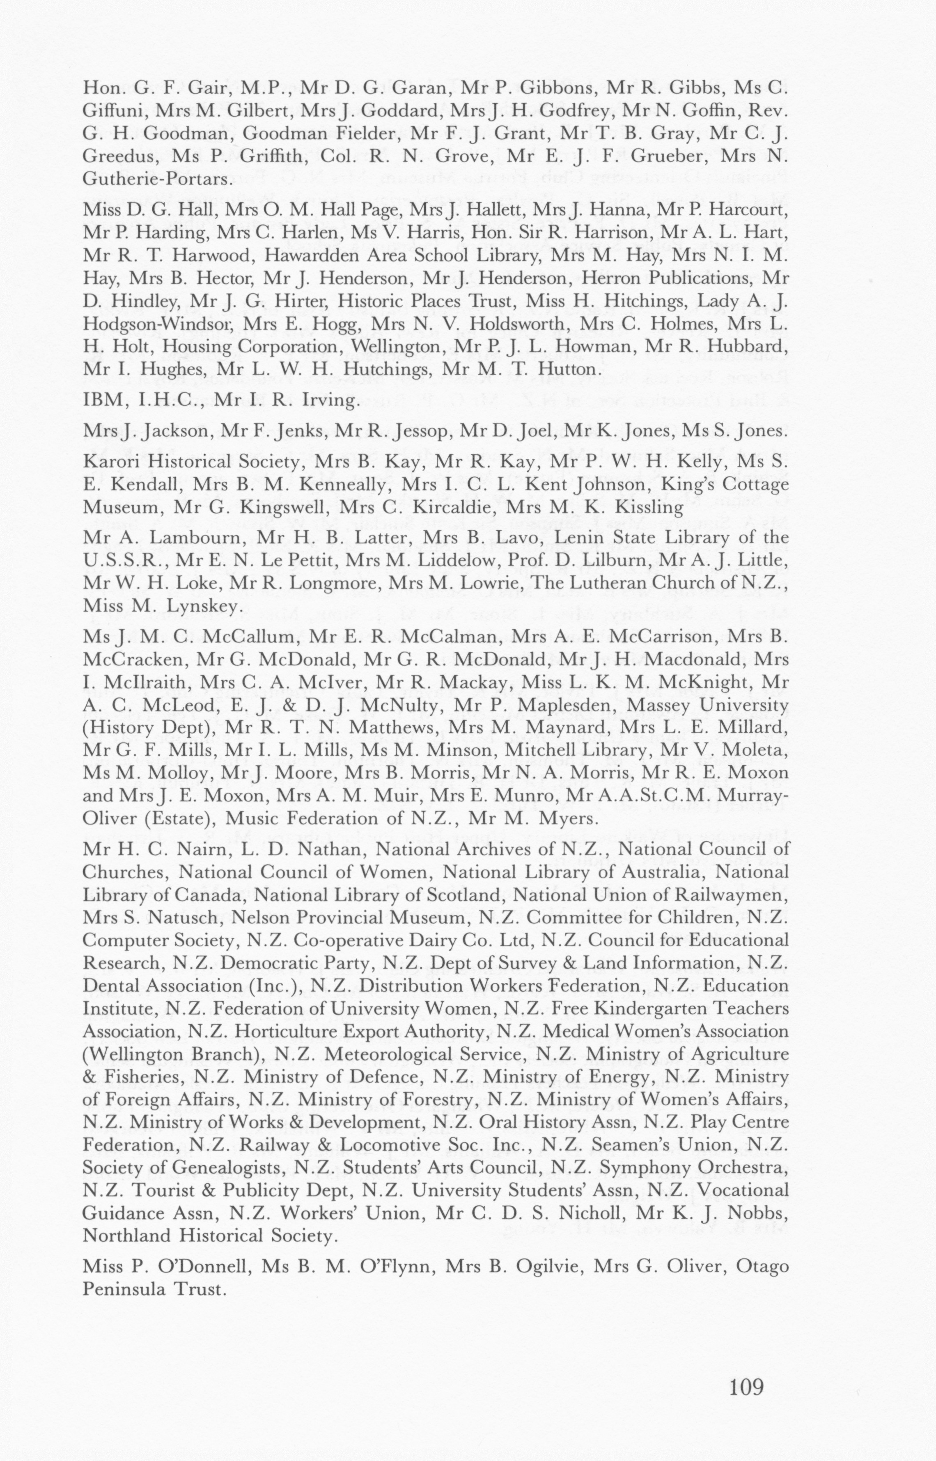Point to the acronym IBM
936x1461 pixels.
point(100,400)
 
